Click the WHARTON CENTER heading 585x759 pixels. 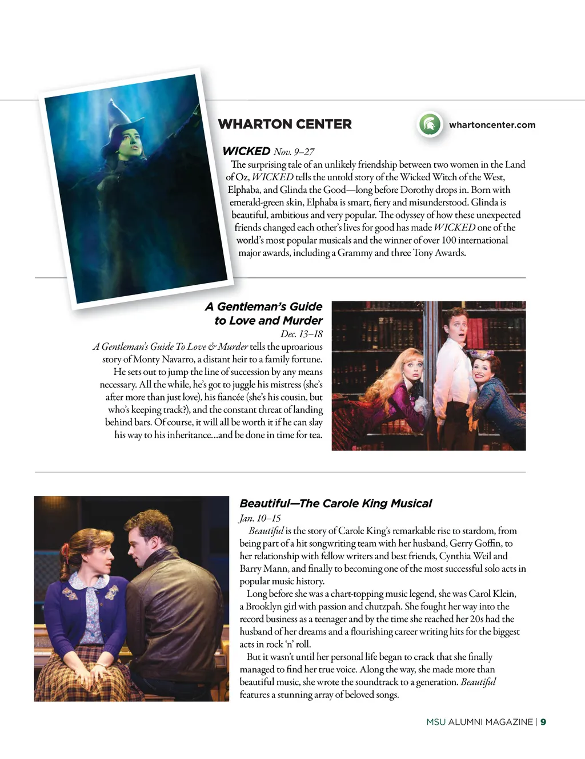coord(285,124)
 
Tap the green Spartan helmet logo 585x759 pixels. coord(430,124)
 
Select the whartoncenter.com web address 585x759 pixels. coord(492,124)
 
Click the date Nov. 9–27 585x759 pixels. coord(294,152)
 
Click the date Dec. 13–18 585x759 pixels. coord(301,334)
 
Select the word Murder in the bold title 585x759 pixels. coord(303,320)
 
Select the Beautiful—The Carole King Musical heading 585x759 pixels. coord(335,503)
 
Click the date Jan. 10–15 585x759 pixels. coord(260,518)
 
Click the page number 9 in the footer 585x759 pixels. coord(543,722)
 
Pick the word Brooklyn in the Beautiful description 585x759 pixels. coord(263,607)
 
